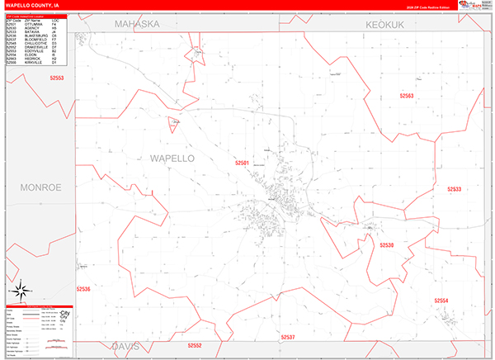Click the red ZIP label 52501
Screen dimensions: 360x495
[242, 163]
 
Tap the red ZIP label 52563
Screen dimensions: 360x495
[406, 96]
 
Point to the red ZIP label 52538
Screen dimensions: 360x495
[387, 245]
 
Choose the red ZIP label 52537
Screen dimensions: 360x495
[287, 337]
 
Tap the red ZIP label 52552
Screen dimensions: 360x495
[194, 345]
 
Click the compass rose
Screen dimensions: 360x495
[21, 291]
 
